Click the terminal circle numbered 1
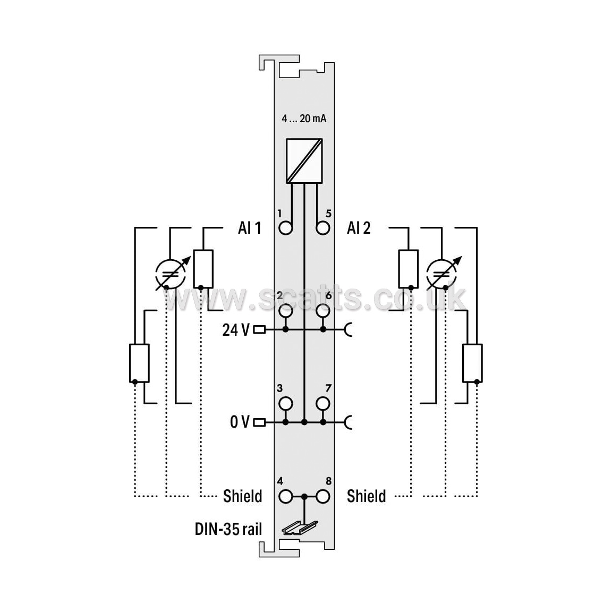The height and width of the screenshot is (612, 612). pyautogui.click(x=286, y=228)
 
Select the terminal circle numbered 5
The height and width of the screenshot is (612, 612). pyautogui.click(x=323, y=228)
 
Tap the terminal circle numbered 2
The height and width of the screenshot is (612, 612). pyautogui.click(x=286, y=311)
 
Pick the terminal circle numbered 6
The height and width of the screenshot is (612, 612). pyautogui.click(x=323, y=311)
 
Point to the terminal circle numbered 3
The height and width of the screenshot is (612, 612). pyautogui.click(x=286, y=404)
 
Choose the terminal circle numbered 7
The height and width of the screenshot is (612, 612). pyautogui.click(x=323, y=404)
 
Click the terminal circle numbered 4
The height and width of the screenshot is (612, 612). pyautogui.click(x=286, y=497)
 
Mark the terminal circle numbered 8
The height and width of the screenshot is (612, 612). pyautogui.click(x=323, y=497)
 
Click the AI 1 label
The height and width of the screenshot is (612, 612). pyautogui.click(x=249, y=228)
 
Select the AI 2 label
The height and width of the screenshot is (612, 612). pyautogui.click(x=358, y=228)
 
